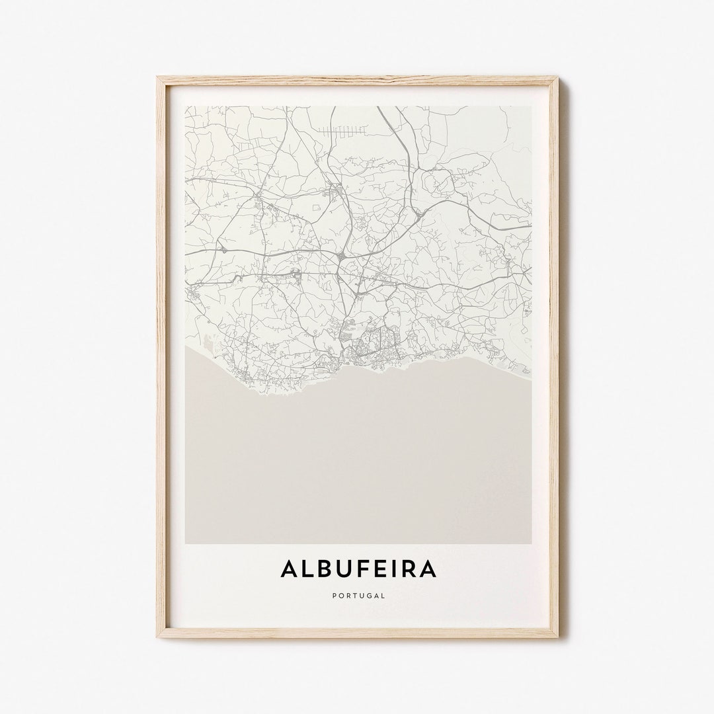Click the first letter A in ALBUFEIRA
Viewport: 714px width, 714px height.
pos(288,569)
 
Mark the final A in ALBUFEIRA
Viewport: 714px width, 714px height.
pos(428,569)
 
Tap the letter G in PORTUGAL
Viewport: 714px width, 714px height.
pos(370,596)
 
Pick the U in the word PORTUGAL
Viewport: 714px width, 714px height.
pos(362,596)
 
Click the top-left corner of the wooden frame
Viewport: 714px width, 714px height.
pos(157,77)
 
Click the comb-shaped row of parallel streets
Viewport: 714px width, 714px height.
pos(341,132)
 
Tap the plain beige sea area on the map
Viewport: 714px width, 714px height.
pos(357,463)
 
